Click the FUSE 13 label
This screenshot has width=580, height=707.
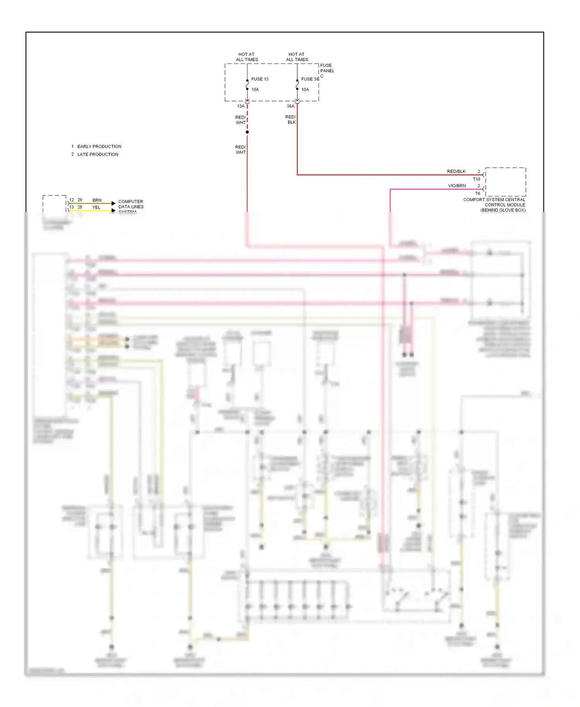click(259, 79)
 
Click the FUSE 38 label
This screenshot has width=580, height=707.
click(310, 79)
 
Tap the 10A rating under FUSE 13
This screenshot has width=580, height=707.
click(255, 89)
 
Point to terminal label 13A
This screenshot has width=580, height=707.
click(241, 106)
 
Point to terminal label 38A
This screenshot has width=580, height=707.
click(290, 106)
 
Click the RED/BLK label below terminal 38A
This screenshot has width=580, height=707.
click(291, 120)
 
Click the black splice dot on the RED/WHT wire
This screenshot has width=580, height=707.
click(247, 132)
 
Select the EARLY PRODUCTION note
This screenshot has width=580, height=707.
click(99, 147)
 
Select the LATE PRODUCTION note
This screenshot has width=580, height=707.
click(97, 154)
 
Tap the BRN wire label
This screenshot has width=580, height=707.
click(97, 200)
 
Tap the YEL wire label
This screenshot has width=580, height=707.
click(96, 207)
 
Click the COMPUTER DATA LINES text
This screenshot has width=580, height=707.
click(131, 204)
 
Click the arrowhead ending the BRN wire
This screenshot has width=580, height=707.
click(113, 203)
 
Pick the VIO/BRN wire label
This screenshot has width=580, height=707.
click(457, 186)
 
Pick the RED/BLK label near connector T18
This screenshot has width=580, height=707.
click(456, 171)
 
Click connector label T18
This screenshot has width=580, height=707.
click(476, 179)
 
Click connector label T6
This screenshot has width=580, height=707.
click(478, 193)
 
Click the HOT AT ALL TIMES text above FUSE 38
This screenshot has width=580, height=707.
click(297, 57)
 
